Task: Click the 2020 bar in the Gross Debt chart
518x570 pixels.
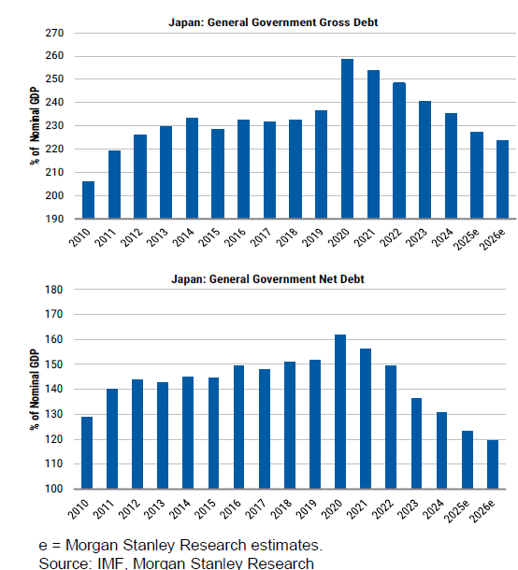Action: click(347, 138)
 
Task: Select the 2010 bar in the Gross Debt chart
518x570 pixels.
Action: click(89, 200)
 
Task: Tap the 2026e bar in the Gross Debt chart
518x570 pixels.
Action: click(502, 179)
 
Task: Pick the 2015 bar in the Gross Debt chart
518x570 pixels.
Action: click(218, 174)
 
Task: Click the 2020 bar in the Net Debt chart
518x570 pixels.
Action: click(340, 411)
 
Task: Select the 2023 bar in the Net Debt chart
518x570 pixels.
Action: click(416, 444)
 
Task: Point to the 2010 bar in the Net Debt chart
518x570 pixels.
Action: click(87, 452)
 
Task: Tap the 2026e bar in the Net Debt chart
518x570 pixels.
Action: click(493, 464)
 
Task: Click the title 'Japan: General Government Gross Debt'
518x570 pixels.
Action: click(273, 22)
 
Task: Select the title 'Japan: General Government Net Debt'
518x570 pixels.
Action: click(267, 279)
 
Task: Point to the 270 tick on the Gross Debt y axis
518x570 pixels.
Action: click(54, 33)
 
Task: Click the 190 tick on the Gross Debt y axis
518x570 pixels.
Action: click(54, 219)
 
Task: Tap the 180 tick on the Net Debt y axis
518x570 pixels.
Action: click(54, 290)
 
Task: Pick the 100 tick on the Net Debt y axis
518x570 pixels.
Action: click(54, 489)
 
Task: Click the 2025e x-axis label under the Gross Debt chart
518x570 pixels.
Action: click(467, 239)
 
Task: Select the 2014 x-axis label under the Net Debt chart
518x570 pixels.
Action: click(180, 509)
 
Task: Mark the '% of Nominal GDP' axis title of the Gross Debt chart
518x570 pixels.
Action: click(35, 126)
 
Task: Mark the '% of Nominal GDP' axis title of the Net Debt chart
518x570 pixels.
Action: click(35, 390)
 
